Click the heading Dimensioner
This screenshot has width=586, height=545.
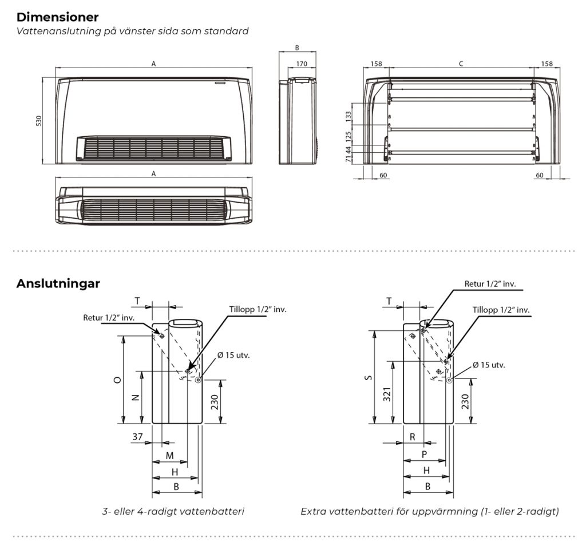pyautogui.click(x=58, y=17)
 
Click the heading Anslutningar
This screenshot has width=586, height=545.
pyautogui.click(x=58, y=283)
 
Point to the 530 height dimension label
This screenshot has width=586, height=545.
pyautogui.click(x=39, y=121)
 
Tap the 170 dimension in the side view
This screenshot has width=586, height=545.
pyautogui.click(x=302, y=64)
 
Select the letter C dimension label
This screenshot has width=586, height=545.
pyautogui.click(x=461, y=64)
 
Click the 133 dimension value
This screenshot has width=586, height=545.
pyautogui.click(x=349, y=116)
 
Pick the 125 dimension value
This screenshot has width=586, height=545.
pyautogui.click(x=349, y=136)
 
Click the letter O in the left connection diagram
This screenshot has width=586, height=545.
pyautogui.click(x=117, y=380)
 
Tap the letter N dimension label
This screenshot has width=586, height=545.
pyautogui.click(x=136, y=397)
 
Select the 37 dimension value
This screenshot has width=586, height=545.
pyautogui.click(x=137, y=436)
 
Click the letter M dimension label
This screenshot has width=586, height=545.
pyautogui.click(x=169, y=455)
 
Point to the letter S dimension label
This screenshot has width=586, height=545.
pyautogui.click(x=369, y=377)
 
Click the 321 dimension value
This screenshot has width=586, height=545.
pyautogui.click(x=387, y=394)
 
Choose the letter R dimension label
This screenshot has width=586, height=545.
pyautogui.click(x=412, y=437)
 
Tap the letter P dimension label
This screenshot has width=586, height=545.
pyautogui.click(x=424, y=455)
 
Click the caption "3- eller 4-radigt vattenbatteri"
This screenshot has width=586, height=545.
pyautogui.click(x=173, y=511)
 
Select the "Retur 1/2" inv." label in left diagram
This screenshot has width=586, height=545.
pyautogui.click(x=109, y=318)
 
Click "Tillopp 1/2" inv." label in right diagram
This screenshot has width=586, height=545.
pyautogui.click(x=501, y=310)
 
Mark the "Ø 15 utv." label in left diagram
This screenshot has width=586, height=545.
pyautogui.click(x=233, y=355)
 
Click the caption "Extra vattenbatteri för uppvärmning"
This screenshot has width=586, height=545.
pyautogui.click(x=389, y=511)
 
